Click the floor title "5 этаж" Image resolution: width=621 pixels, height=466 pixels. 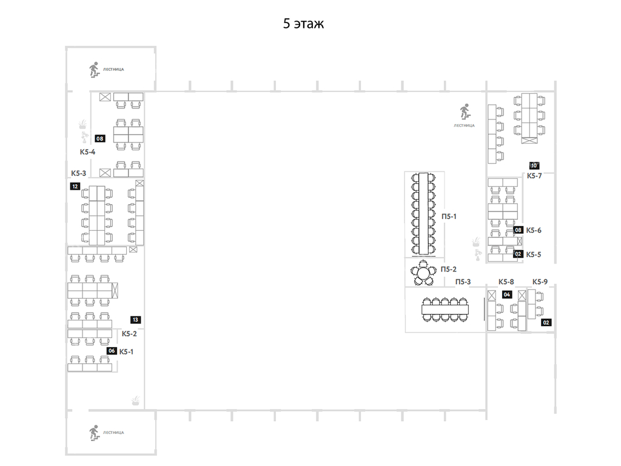click(303, 24)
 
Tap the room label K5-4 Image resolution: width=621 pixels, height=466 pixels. click(87, 152)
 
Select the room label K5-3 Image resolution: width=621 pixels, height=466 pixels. click(78, 173)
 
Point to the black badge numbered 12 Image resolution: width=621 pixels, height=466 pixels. click(75, 186)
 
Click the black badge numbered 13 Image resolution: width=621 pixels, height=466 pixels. click(135, 319)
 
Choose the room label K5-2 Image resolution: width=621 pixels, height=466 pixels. click(129, 334)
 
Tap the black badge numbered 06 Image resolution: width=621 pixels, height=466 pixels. click(112, 351)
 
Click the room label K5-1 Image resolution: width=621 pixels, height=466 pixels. click(126, 351)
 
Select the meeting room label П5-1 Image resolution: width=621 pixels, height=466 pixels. click(449, 216)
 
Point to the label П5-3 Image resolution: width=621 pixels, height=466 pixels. click(463, 282)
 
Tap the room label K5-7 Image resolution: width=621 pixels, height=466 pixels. click(534, 176)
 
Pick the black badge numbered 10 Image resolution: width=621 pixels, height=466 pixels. click(534, 166)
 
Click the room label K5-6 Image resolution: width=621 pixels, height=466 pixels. click(534, 230)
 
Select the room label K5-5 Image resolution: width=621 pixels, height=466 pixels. click(534, 255)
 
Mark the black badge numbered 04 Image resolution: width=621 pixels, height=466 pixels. click(507, 295)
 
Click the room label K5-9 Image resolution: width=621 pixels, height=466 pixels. click(540, 282)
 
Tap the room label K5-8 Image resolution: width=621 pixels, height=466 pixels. click(506, 282)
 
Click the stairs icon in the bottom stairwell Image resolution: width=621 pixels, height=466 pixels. click(94, 433)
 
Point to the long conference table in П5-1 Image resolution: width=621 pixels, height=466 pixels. click(423, 214)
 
